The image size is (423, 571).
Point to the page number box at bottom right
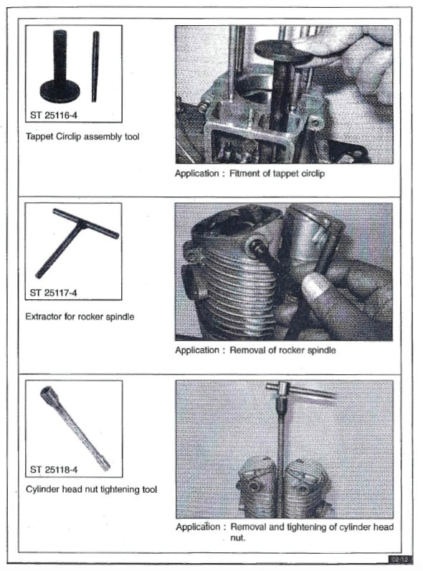coord(398,559)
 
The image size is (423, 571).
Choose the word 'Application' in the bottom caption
coord(196,527)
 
